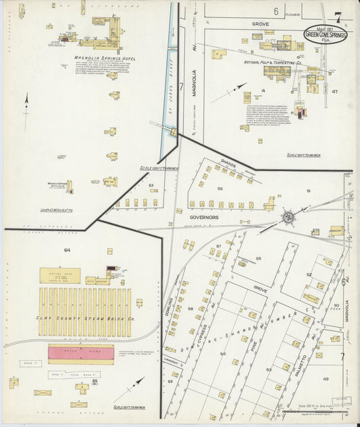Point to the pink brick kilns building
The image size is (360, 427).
(80, 353)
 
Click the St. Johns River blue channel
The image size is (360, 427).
(166, 101)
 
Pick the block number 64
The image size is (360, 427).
(67, 250)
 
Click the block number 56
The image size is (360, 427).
(220, 189)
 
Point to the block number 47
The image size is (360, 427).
(334, 91)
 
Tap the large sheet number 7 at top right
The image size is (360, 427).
(337, 16)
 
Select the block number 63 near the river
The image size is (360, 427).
(151, 184)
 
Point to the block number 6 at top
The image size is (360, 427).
(276, 11)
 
